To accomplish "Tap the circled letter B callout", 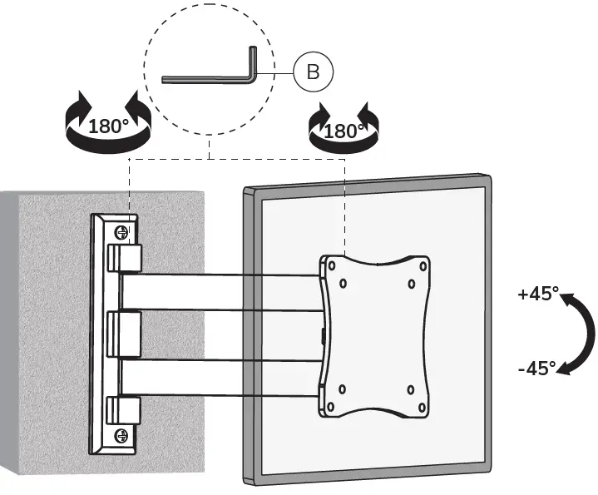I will coord(313,72).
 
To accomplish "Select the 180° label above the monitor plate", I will coord(343,131).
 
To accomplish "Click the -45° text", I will coord(536,367).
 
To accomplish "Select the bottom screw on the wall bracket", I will coord(121,433).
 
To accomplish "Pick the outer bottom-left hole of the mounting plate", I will coord(331,407).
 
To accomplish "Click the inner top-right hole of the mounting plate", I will coord(411,283).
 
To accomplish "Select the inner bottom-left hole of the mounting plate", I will coord(343,389).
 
